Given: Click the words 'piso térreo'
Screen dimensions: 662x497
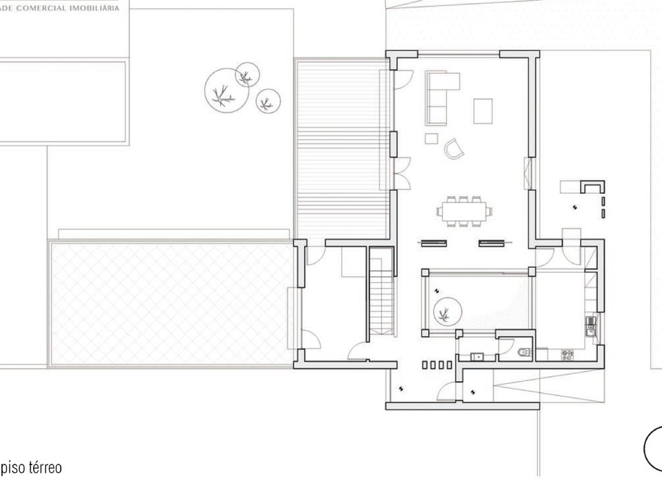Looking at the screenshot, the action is [31, 468].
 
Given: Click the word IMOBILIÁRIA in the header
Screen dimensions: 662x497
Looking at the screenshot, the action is [94, 8].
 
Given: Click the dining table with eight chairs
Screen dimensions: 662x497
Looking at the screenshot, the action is [465, 211].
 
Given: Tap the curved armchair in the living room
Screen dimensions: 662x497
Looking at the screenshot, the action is [454, 149].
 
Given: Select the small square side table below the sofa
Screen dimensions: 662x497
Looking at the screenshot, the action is [431, 139].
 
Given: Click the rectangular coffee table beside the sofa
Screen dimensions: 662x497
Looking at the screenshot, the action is [483, 111].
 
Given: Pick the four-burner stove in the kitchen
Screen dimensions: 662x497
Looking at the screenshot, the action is [567, 355].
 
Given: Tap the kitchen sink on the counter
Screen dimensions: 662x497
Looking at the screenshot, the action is [590, 325].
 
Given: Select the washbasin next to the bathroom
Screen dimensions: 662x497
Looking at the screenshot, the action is [478, 357].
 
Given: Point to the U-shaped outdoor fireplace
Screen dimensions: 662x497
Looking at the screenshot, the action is [593, 186].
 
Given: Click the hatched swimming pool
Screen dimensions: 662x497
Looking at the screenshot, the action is [170, 304].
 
